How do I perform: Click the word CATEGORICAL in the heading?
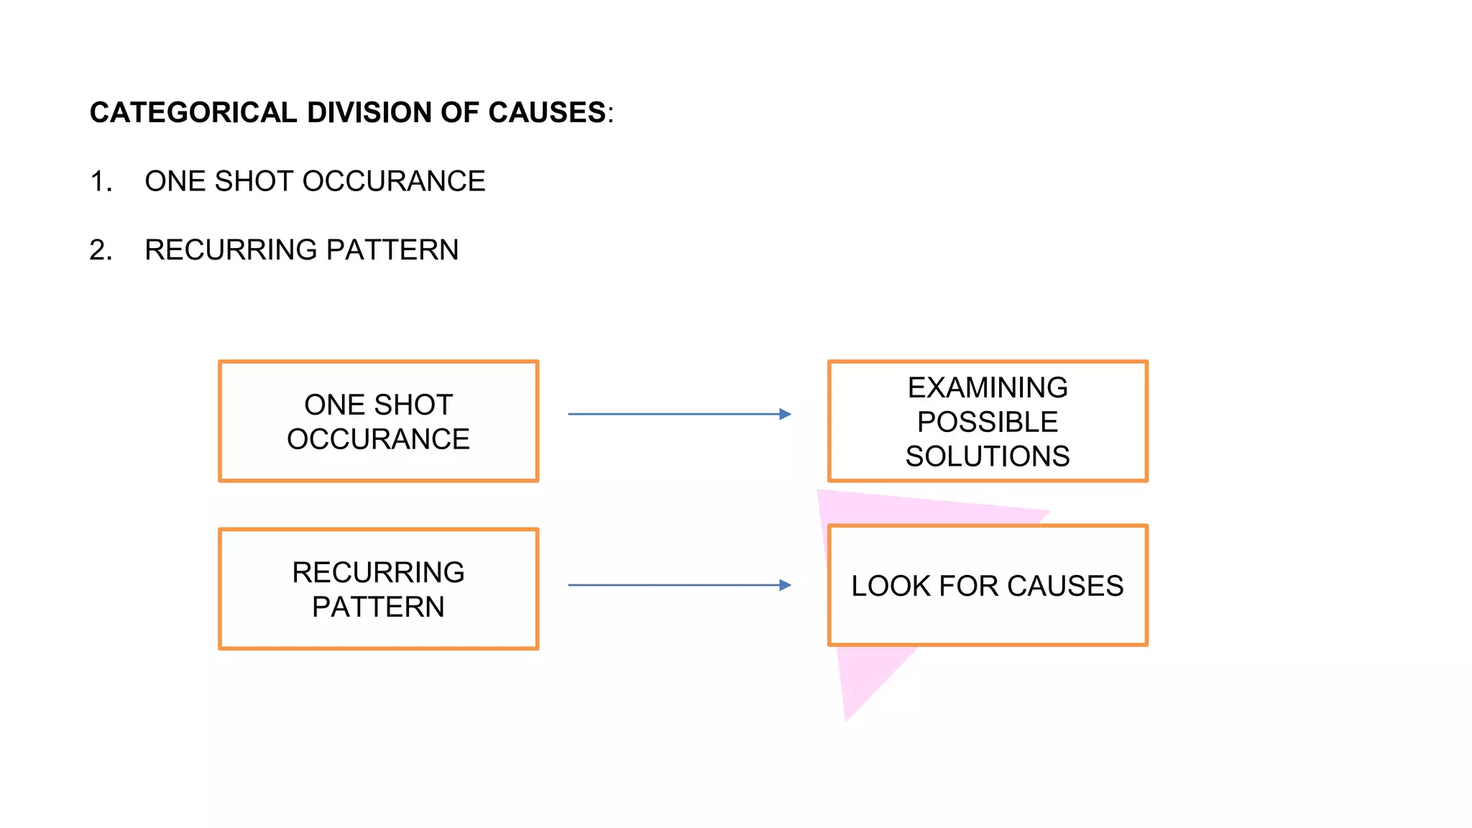click(x=193, y=113)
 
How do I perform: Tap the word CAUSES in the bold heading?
click(x=547, y=113)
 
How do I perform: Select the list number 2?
click(x=100, y=250)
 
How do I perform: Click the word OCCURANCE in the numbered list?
click(x=393, y=181)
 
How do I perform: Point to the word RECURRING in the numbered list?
click(x=231, y=250)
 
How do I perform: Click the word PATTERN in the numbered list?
click(x=392, y=250)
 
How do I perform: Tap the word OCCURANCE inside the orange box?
click(x=378, y=439)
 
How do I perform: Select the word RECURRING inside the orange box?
click(x=378, y=573)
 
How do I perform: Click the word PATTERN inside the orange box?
click(x=378, y=607)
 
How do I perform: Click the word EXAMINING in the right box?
click(x=987, y=388)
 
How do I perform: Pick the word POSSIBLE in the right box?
click(x=987, y=422)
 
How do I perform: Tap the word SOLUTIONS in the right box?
click(x=987, y=456)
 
